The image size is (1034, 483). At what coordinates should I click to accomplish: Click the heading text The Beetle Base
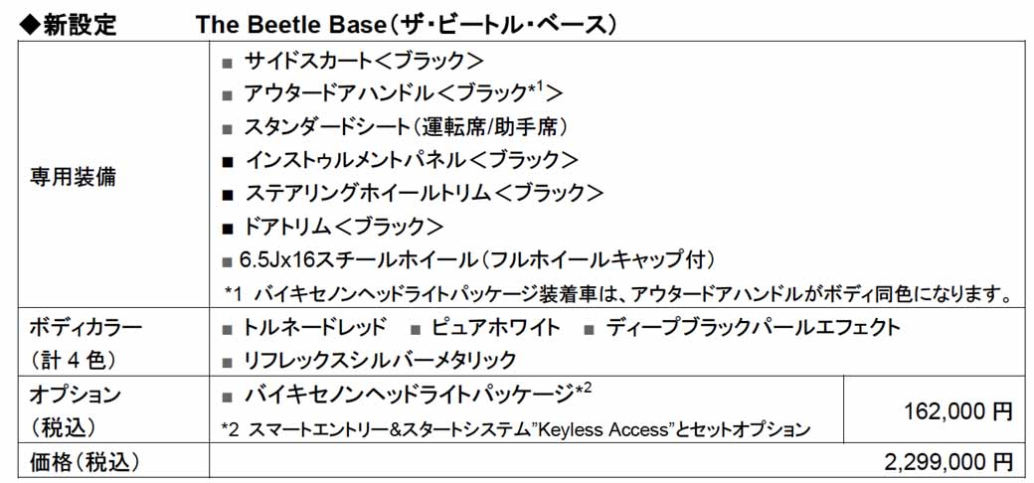coord(289,24)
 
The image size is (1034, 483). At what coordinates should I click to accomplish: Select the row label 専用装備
coord(74,177)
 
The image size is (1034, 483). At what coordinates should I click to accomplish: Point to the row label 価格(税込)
coord(86,461)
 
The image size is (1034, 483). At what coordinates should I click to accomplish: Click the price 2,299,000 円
coord(948,461)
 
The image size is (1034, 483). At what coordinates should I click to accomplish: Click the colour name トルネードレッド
coord(314,327)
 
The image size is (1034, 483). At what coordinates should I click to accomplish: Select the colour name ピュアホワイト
coord(496,327)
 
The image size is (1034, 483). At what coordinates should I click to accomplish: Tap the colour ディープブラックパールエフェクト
coord(753,327)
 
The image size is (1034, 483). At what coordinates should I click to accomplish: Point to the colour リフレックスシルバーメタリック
coord(380,360)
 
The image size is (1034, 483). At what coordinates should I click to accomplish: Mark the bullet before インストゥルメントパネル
coord(228,161)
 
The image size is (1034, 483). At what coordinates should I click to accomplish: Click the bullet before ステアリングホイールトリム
coord(228,195)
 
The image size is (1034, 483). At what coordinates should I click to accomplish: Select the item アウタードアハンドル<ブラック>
coord(404,93)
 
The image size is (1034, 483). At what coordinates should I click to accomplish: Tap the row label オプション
coord(76,396)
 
